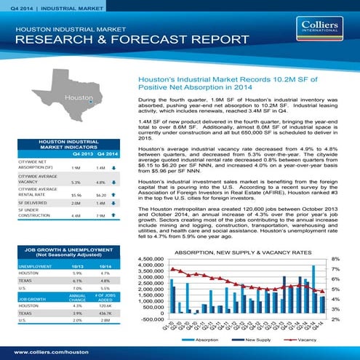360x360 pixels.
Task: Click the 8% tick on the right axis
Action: pos(335,259)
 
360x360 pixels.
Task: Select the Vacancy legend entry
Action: pos(305,340)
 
